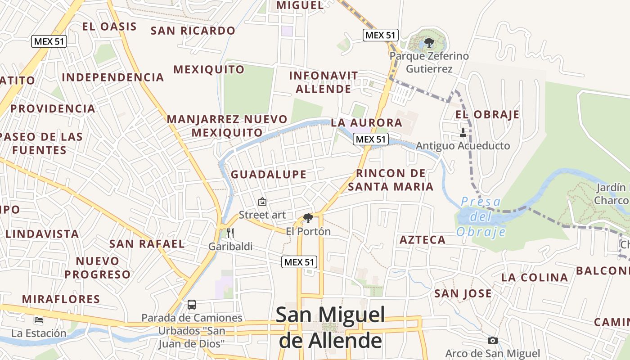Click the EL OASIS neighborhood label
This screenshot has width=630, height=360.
109,27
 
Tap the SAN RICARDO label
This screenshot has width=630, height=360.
193,31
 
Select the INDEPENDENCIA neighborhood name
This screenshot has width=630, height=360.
113,77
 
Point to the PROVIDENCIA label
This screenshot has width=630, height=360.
53,109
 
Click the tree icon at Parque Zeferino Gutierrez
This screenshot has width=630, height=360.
429,43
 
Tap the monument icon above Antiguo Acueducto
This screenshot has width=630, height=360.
463,133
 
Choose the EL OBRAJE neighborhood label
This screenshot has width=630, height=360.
487,114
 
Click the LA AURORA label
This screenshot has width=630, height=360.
367,122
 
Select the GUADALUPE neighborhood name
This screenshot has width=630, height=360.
269,174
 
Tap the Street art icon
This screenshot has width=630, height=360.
262,202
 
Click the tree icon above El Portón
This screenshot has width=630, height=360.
308,219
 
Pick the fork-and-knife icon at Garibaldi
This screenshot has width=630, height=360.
230,233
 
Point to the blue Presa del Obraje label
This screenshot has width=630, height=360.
481,217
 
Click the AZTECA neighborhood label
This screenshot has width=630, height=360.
423,240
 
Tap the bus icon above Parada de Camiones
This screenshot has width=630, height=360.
192,305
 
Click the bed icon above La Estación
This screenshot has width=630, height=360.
39,320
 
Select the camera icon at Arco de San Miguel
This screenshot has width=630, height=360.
493,340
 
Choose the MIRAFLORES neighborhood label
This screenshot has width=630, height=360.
61,299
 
